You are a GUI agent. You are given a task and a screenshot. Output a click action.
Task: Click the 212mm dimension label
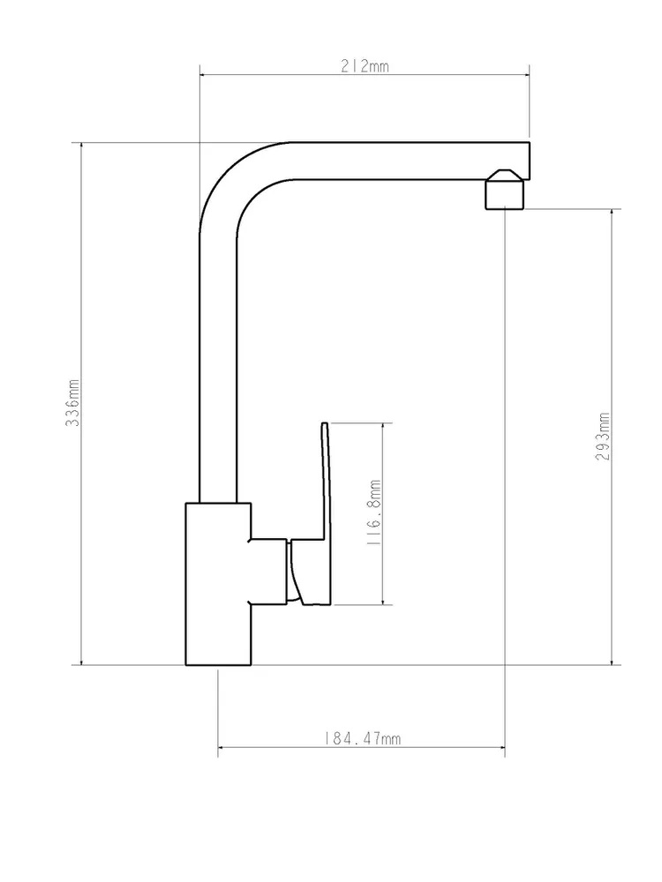pyautogui.click(x=365, y=66)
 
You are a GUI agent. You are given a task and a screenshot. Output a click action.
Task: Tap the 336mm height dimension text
pyautogui.click(x=73, y=402)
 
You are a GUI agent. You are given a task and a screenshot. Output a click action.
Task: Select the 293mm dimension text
pyautogui.click(x=602, y=437)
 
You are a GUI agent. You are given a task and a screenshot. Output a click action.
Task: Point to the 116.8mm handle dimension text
pyautogui.click(x=373, y=512)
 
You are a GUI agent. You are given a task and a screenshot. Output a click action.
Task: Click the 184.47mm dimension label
pyautogui.click(x=363, y=738)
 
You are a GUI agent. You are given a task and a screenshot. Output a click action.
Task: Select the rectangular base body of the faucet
pyautogui.click(x=218, y=584)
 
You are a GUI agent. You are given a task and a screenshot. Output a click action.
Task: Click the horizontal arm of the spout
pyautogui.click(x=411, y=161)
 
